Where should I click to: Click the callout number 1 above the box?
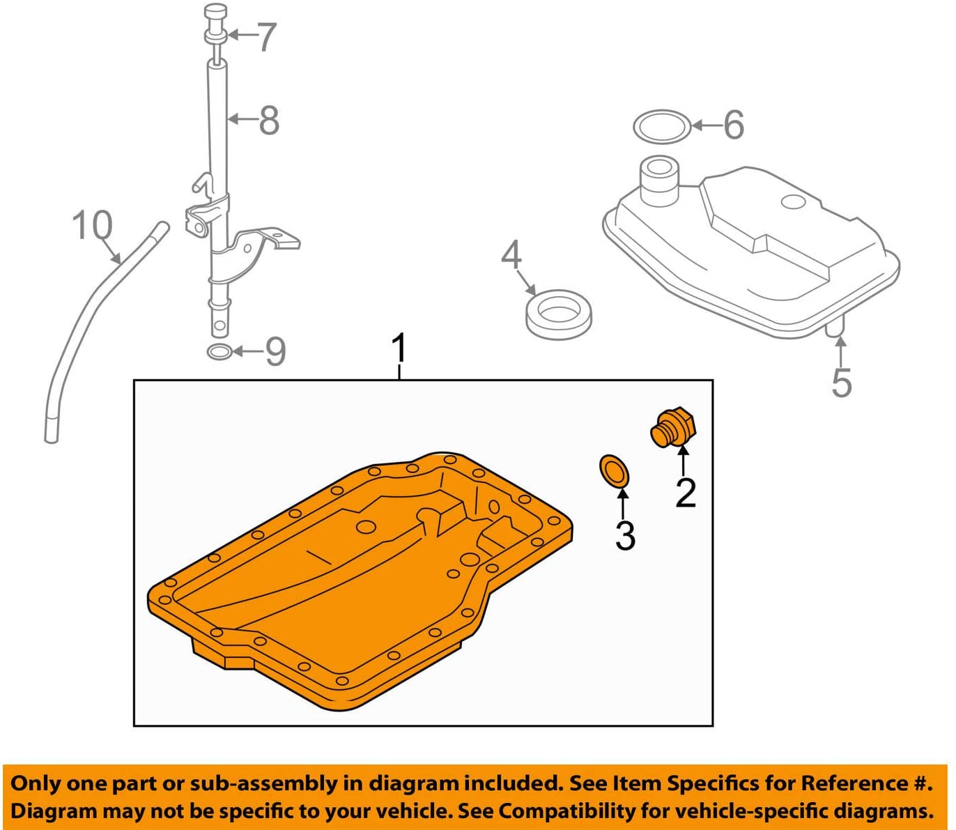(x=399, y=348)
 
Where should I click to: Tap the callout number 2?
(x=686, y=493)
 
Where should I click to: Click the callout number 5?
(x=842, y=382)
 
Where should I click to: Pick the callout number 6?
(x=734, y=125)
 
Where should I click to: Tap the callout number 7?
(x=266, y=37)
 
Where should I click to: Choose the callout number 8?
(x=269, y=120)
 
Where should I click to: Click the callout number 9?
(x=275, y=351)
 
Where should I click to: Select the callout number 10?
(x=92, y=225)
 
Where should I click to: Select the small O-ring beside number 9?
(x=219, y=352)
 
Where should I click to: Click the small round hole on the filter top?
(x=793, y=202)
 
